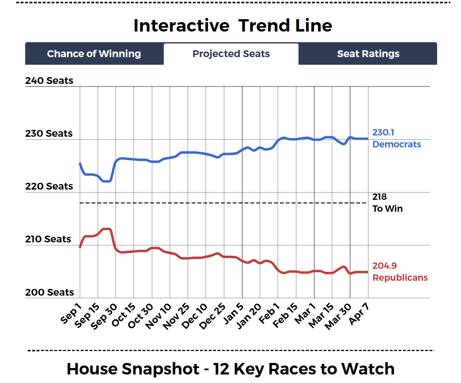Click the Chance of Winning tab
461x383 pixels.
point(94,54)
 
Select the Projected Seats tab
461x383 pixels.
point(231,54)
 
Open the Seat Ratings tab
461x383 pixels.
point(368,54)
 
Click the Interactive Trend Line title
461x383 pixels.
point(232,26)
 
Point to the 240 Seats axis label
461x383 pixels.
point(49,81)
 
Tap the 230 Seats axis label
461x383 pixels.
point(49,133)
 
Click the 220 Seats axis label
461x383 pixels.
point(49,186)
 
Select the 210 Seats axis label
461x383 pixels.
point(49,239)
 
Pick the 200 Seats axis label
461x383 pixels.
point(49,292)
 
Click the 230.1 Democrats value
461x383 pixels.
point(383,132)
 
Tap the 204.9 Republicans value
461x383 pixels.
point(385,266)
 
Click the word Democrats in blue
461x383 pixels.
point(397,144)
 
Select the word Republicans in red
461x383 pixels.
point(400,278)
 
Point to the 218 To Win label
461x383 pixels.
point(387,203)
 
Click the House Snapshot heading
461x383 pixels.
point(231,369)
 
